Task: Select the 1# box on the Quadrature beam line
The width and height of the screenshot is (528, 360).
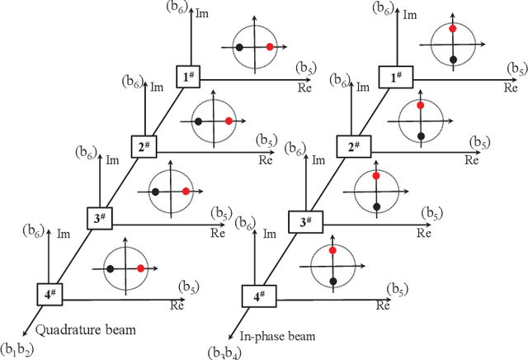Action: point(188,78)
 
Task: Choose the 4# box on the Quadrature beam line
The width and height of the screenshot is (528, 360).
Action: point(49,293)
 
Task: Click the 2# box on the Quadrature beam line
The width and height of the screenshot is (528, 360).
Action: point(144,147)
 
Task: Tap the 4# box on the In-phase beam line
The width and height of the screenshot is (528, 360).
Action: point(257,295)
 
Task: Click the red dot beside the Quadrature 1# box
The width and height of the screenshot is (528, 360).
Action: point(270,48)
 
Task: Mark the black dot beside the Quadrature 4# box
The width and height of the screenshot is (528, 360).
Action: point(109,269)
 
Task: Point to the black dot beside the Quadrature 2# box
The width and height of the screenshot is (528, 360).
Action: point(198,121)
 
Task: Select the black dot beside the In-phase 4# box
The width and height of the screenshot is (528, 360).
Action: point(332,282)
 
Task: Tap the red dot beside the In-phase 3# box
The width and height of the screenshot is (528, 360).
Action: point(376,176)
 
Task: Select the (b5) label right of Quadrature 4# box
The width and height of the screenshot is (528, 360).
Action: point(186,288)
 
